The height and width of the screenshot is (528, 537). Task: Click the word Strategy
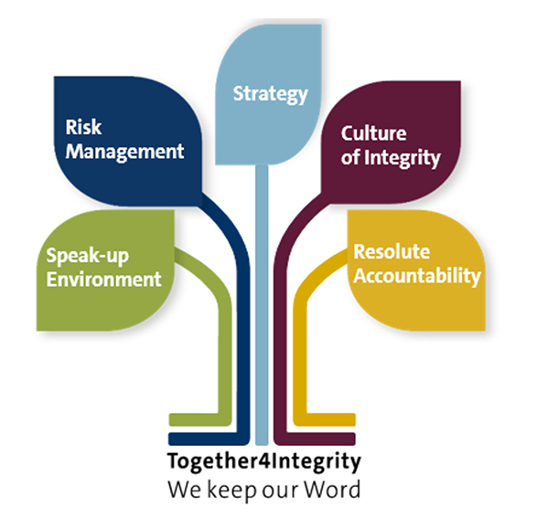point(271,94)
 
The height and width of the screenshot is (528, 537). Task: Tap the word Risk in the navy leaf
point(83,127)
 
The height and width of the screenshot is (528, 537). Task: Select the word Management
point(125,152)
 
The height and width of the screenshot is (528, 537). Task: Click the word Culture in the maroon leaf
point(373,133)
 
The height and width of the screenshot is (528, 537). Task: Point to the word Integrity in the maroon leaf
point(403,158)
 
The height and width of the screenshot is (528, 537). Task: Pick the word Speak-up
point(88,256)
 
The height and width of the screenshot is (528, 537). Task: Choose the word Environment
point(103,279)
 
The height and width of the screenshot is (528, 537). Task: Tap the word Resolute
point(392,252)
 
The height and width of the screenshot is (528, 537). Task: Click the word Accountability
point(417,276)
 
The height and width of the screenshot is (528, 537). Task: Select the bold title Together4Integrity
point(264,461)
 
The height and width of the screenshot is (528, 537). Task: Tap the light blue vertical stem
point(262,304)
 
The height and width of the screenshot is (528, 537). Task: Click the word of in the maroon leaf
point(350,157)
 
